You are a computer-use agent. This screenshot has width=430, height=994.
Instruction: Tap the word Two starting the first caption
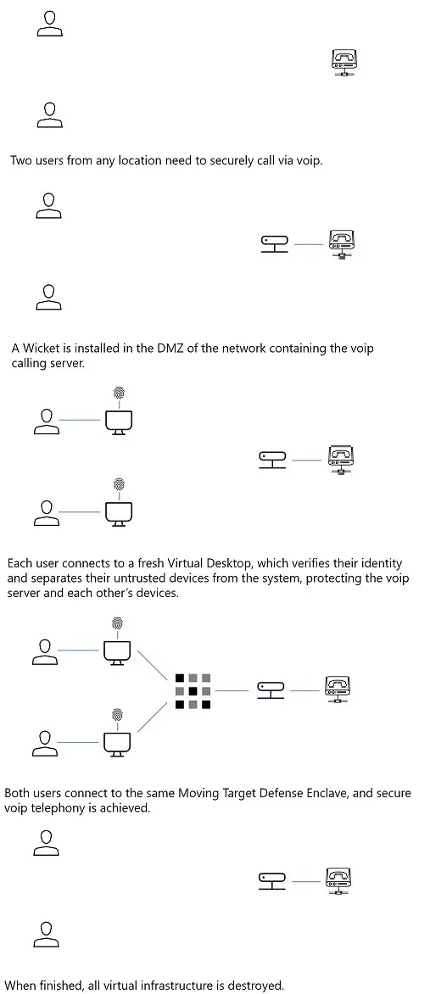click(20, 160)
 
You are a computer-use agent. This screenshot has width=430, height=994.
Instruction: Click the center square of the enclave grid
click(193, 691)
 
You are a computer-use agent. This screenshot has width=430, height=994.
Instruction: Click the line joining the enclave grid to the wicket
click(232, 690)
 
